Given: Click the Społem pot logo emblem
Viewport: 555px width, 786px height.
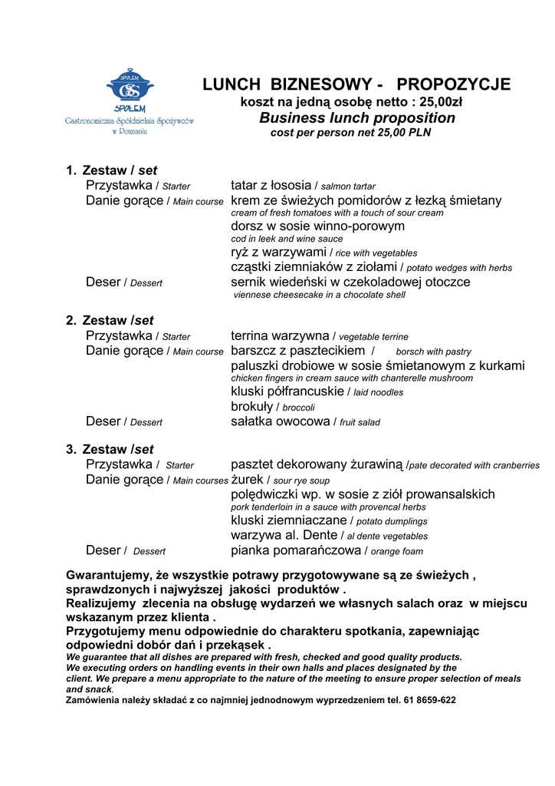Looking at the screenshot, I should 130,87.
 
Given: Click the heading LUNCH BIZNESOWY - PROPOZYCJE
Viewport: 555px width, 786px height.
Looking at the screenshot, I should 356,84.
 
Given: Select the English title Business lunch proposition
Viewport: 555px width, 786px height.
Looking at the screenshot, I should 356,118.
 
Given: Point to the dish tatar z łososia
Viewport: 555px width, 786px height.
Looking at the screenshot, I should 271,185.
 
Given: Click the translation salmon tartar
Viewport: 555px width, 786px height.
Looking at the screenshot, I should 348,187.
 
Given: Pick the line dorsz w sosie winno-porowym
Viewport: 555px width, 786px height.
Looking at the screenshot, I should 317,226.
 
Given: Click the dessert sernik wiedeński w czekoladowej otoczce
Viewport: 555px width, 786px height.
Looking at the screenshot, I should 350,282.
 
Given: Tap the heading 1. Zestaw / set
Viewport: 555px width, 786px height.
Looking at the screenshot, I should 111,170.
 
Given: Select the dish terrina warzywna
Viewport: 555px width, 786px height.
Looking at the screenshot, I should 281,335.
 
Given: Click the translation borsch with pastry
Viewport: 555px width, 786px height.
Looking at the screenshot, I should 433,352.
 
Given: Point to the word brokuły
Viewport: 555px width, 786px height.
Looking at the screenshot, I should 252,406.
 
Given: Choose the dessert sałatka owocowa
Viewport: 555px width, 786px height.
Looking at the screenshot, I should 281,421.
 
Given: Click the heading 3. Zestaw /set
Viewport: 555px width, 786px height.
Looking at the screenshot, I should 110,449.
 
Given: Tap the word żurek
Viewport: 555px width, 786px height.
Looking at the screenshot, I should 248,480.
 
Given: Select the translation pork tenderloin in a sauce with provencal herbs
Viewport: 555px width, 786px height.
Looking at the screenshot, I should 328,507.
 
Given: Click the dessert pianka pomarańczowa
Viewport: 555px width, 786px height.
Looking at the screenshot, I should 295,550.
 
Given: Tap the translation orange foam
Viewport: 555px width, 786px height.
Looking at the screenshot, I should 396,551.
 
